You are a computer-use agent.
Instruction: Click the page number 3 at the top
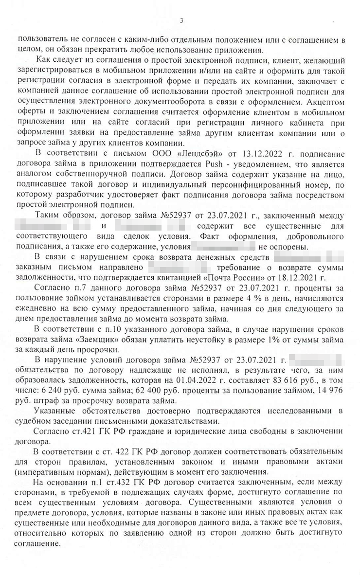coord(181,20)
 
